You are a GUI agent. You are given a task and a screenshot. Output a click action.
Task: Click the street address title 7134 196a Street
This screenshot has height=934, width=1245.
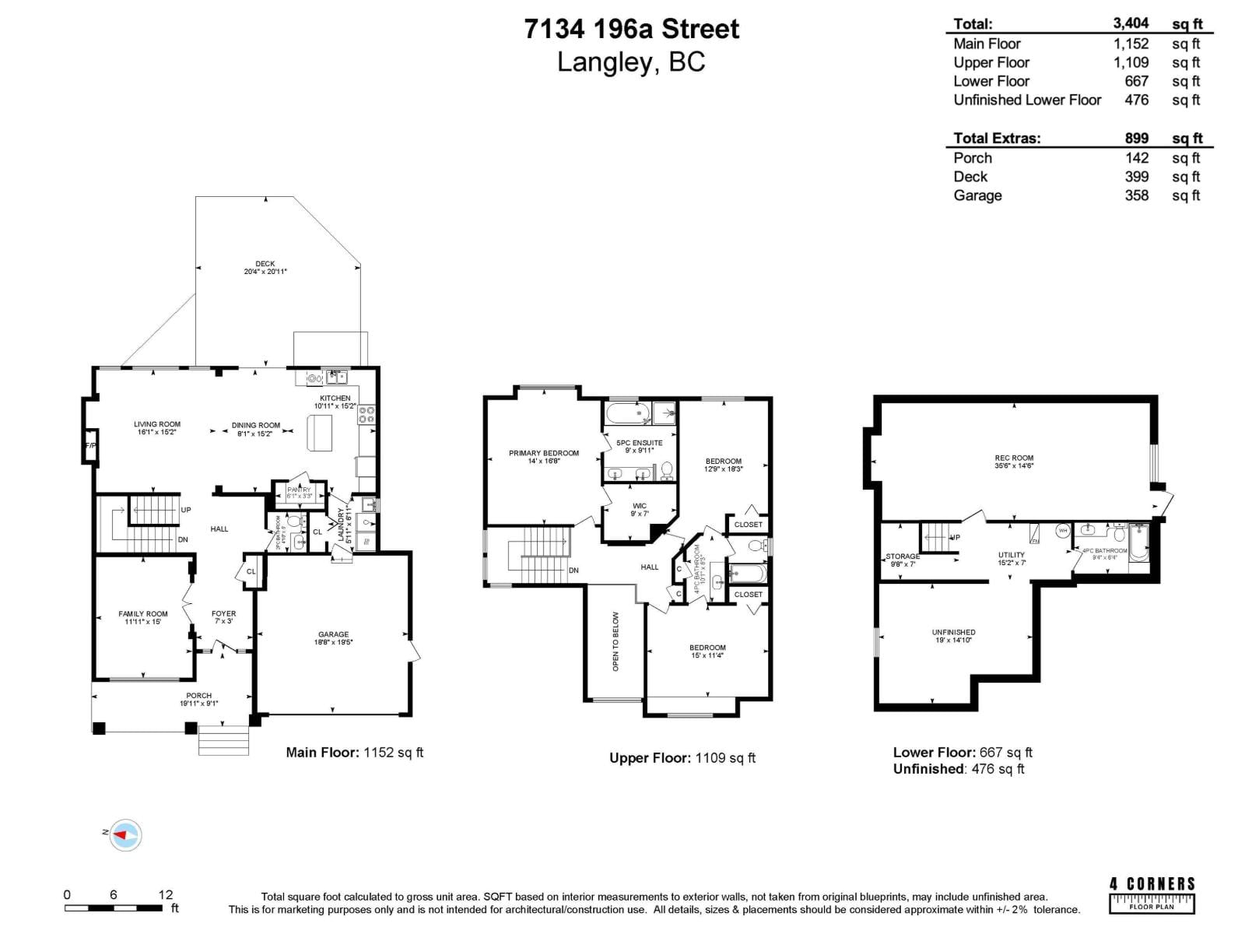click(x=631, y=29)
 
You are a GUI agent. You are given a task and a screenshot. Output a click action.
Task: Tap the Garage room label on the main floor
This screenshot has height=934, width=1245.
click(x=333, y=637)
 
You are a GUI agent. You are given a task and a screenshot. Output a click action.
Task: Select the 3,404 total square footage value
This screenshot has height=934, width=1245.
click(x=1131, y=23)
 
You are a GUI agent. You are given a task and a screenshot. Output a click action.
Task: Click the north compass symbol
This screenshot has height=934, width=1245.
click(x=125, y=836)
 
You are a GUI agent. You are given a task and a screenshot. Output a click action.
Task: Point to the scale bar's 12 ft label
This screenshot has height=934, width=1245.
click(x=165, y=894)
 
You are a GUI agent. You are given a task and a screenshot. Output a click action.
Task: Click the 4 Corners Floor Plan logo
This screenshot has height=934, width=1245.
click(x=1152, y=894)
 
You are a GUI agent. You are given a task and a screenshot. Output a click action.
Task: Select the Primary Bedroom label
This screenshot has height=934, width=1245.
click(x=544, y=456)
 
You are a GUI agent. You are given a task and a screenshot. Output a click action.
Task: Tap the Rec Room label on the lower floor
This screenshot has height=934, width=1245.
click(x=1013, y=462)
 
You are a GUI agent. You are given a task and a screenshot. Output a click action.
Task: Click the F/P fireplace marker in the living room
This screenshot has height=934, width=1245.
click(x=90, y=446)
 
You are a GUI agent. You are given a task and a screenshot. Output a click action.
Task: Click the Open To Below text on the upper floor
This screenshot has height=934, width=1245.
click(x=615, y=641)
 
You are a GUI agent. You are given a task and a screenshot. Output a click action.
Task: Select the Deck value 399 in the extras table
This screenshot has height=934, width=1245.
click(x=1136, y=177)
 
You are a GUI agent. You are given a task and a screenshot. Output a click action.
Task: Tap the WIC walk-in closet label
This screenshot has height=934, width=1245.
click(x=639, y=509)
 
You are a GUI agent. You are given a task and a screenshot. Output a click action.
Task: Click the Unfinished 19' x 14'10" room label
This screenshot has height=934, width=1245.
click(x=953, y=636)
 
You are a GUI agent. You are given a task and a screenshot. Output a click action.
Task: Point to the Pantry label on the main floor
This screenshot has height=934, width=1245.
click(x=299, y=492)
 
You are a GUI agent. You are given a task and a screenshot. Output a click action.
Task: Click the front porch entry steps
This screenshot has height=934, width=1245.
click(x=223, y=740)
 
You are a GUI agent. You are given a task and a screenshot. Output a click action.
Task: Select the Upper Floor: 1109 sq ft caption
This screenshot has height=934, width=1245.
click(x=682, y=757)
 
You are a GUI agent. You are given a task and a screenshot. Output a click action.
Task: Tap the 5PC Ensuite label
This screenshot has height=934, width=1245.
click(x=639, y=445)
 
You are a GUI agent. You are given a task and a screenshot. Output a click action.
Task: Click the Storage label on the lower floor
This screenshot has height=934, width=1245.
click(x=903, y=559)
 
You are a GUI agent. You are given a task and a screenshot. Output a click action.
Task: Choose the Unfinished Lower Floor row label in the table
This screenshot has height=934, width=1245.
click(x=1027, y=100)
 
